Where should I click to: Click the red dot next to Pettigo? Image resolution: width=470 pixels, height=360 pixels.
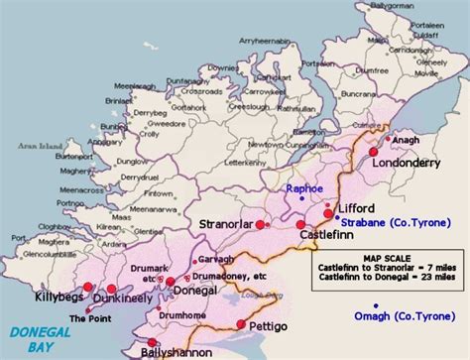coord(240,324)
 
